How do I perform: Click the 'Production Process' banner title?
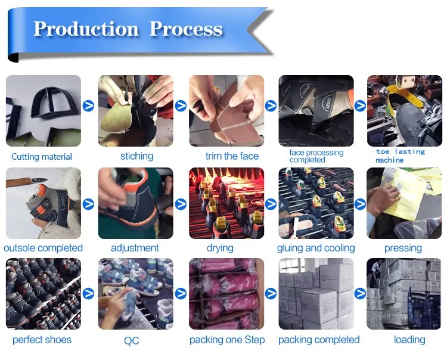[128, 29]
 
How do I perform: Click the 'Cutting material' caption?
[42, 157]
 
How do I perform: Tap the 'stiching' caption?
[136, 156]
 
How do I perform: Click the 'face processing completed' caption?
[316, 156]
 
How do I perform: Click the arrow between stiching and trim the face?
[181, 106]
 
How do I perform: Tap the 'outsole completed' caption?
[43, 248]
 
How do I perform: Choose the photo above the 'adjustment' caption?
[135, 203]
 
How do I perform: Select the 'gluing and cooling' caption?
[316, 248]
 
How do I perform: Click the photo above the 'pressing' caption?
[403, 203]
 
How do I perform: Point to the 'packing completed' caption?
[319, 340]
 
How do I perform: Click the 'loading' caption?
[409, 340]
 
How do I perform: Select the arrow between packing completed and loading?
[361, 293]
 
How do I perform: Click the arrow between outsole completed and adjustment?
[89, 204]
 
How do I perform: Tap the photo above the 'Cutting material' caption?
[43, 111]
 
